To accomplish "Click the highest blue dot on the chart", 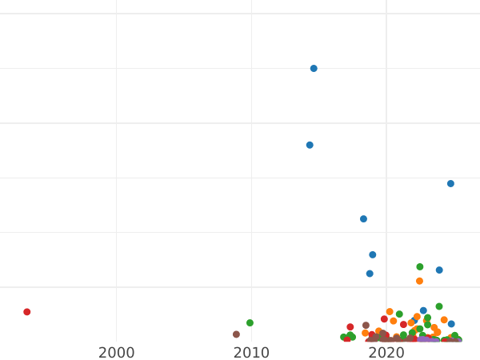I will click(314, 69).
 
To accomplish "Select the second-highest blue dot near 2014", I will click(310, 145).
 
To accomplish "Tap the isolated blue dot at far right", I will click(450, 183).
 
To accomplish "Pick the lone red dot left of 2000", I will click(26, 312).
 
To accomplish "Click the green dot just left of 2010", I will click(250, 323).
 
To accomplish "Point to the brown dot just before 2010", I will click(236, 334).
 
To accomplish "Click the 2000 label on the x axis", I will click(117, 353).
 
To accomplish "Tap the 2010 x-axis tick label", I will click(251, 353).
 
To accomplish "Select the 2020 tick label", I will click(386, 353).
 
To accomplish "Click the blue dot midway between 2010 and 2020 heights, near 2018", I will click(363, 218).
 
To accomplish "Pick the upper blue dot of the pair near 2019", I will click(373, 254).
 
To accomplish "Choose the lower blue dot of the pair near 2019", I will click(370, 274).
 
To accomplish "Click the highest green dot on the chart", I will click(420, 267).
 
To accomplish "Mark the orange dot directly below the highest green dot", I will click(419, 281).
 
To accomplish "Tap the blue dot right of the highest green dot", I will click(439, 270).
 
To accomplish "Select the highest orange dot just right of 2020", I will click(390, 312).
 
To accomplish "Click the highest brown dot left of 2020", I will click(366, 326).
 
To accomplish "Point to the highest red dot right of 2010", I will click(384, 319).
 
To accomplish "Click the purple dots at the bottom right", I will click(429, 340).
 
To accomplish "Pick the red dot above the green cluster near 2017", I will click(350, 327).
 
